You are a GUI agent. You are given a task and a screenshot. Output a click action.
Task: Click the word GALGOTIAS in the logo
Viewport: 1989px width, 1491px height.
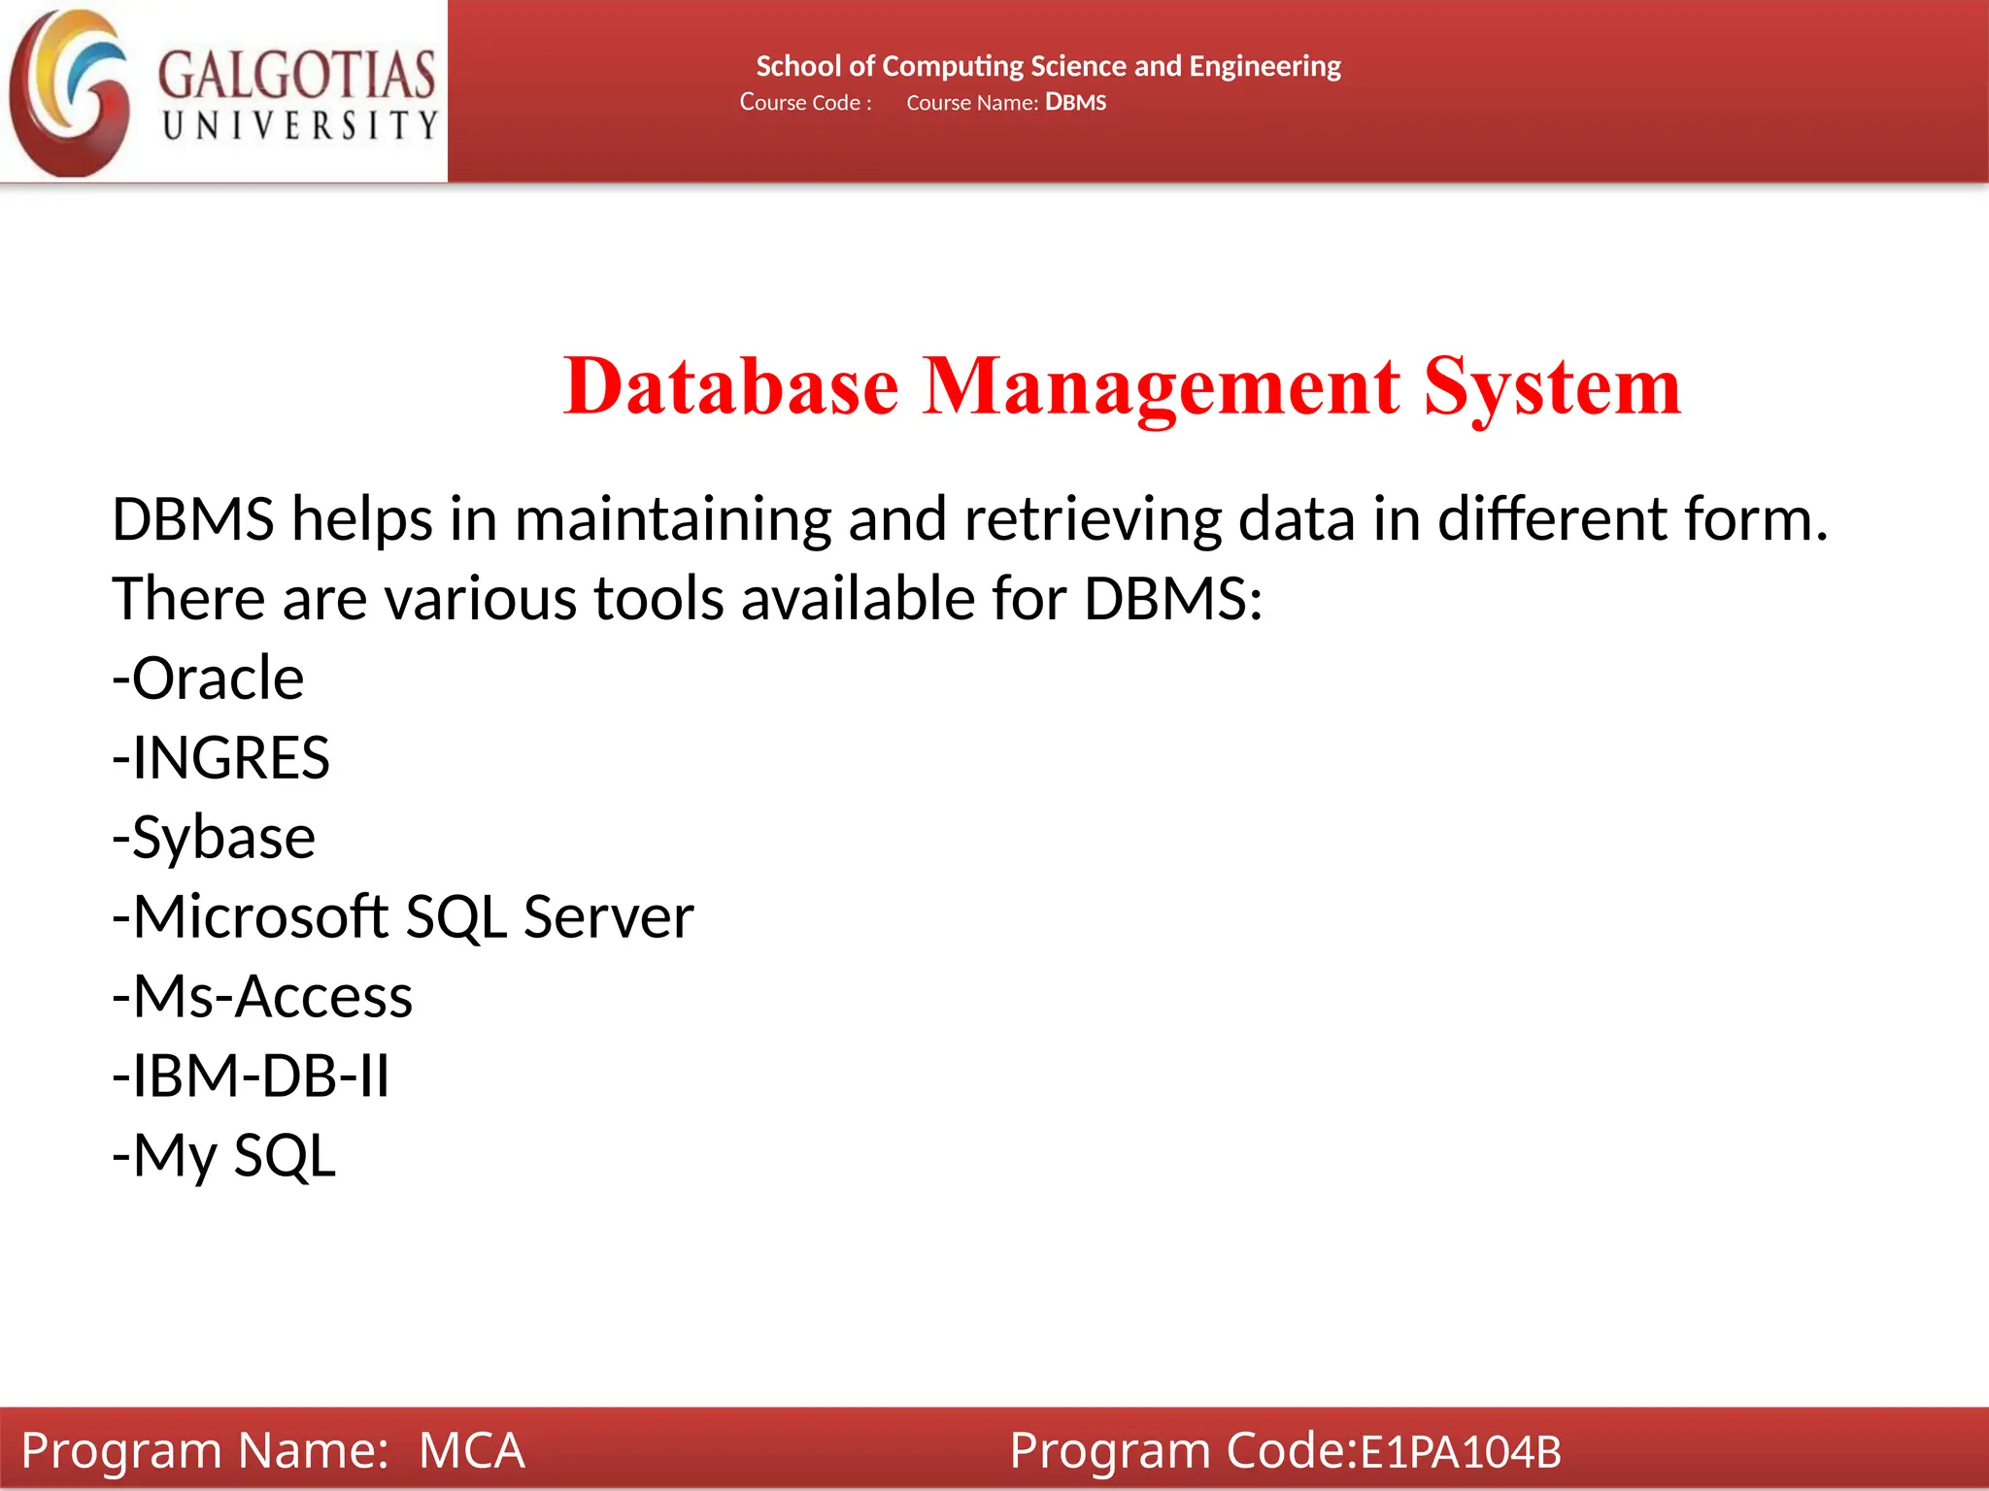(x=296, y=75)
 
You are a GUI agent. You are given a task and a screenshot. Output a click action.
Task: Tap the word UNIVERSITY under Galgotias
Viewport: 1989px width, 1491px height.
(x=300, y=125)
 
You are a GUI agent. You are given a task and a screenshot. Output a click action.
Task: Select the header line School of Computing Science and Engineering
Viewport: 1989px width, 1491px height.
(x=1048, y=66)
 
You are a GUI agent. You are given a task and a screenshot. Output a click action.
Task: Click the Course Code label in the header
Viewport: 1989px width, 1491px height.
(x=805, y=103)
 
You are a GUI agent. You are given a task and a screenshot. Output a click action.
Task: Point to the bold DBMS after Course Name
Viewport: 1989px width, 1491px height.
(x=1075, y=103)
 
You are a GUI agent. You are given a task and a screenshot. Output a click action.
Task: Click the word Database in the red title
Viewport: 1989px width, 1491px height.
(x=730, y=386)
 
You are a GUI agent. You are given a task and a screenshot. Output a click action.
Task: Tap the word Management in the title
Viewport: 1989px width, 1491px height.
(x=1161, y=386)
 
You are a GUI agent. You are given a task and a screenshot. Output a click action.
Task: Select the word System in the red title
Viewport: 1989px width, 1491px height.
(x=1552, y=386)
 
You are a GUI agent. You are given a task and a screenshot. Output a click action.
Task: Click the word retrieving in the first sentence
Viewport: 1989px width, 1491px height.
(x=1093, y=519)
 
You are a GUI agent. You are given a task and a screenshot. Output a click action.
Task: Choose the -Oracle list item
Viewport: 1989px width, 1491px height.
(x=208, y=678)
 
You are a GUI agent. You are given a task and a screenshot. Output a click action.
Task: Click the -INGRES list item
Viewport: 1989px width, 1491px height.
(x=220, y=757)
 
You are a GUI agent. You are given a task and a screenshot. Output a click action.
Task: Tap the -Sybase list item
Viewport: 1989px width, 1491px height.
(x=214, y=837)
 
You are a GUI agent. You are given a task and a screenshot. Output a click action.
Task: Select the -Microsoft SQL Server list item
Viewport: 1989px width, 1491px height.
(x=403, y=916)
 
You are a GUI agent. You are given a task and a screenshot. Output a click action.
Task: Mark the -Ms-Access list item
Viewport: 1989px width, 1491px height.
(x=262, y=996)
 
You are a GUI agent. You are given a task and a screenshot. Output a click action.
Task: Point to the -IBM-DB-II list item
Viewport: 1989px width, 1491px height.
(x=251, y=1076)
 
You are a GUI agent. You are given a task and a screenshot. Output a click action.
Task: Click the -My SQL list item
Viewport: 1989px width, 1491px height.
(x=224, y=1155)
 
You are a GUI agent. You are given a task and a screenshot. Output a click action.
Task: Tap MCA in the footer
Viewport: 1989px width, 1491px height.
(x=471, y=1450)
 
